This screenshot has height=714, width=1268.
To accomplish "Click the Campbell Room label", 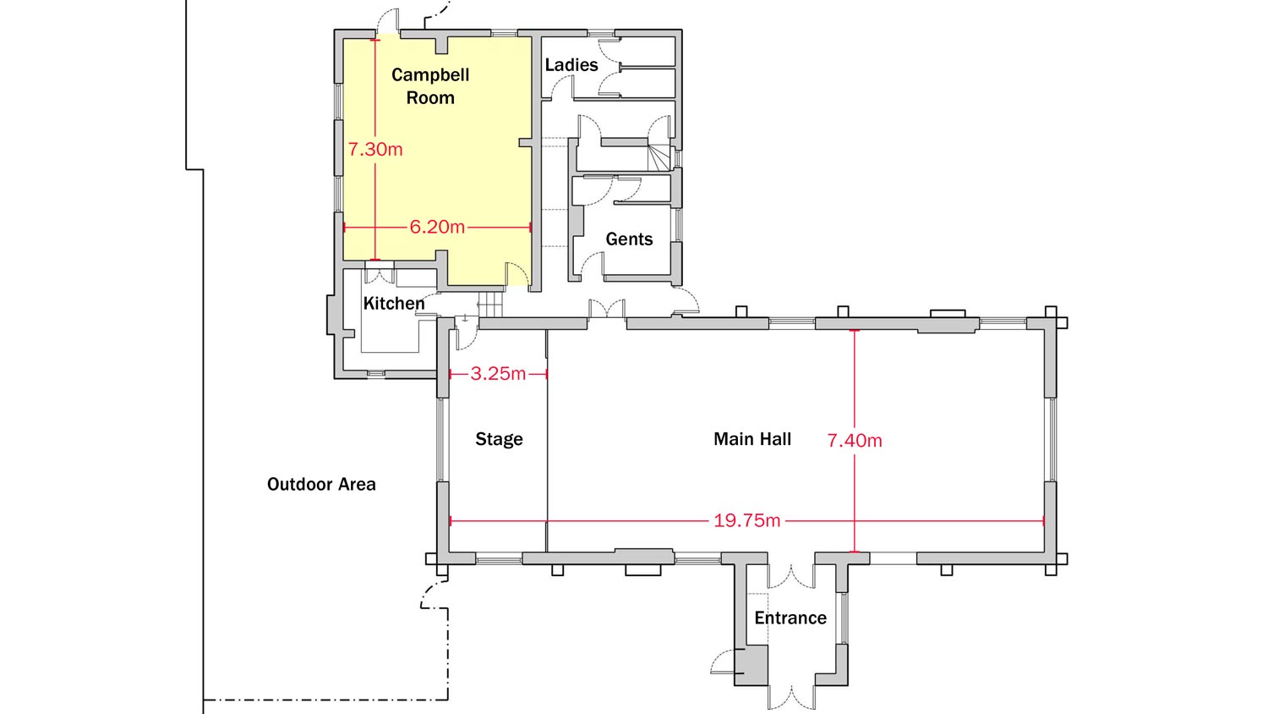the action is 430,86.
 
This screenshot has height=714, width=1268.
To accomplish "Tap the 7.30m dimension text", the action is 375,150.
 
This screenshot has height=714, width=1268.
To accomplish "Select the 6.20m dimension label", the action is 437,228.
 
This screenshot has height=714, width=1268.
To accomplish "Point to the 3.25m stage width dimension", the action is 498,373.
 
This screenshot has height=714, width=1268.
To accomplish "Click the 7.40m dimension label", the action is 854,440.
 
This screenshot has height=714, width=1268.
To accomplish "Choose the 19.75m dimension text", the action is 746,520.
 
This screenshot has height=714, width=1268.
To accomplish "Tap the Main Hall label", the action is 752,438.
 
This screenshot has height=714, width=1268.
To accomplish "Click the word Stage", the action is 499,439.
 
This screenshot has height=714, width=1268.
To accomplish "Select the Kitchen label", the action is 394,303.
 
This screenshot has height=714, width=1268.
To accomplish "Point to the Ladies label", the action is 571,65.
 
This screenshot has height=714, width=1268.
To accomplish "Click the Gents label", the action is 629,239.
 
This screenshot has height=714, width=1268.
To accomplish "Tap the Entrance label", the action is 790,618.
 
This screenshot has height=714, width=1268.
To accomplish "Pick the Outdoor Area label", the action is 321,485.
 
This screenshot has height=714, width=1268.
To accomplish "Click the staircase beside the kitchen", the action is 491,305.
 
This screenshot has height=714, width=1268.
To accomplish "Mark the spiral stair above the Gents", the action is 659,157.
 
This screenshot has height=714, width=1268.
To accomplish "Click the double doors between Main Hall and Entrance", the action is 790,576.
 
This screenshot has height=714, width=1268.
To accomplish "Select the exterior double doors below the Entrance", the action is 790,697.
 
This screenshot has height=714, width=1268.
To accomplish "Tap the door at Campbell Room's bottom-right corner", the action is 517,274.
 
